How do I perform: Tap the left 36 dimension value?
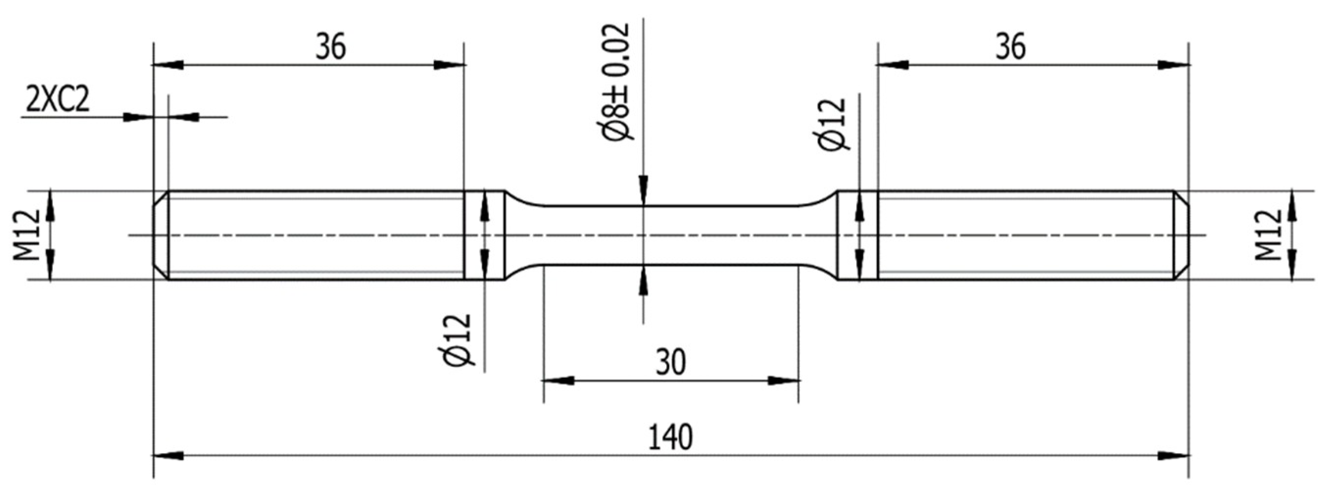[331, 48]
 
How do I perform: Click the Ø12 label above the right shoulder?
[834, 124]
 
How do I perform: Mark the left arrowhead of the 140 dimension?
[168, 456]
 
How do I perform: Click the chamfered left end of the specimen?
[160, 235]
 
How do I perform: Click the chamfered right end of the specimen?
[1182, 235]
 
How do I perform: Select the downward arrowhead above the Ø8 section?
[643, 191]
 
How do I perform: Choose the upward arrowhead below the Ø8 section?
[643, 280]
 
